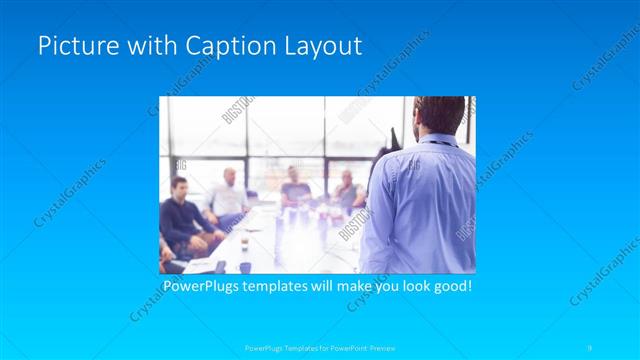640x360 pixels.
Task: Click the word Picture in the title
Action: (71, 46)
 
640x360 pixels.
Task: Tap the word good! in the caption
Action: (449, 286)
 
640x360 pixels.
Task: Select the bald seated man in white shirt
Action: (229, 195)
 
